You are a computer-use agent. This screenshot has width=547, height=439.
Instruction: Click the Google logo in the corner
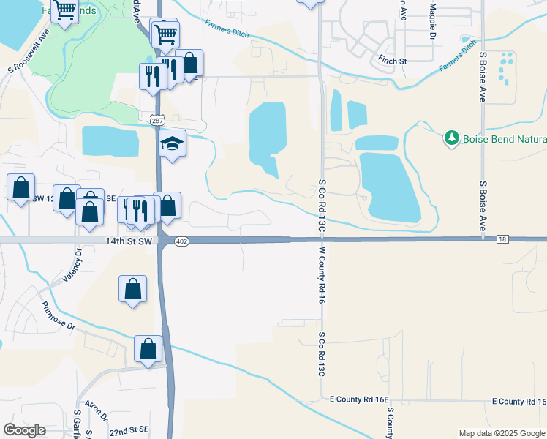coord(24,430)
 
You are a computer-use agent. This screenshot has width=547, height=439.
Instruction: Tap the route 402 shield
coord(182,242)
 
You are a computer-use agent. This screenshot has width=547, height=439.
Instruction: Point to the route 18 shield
coord(501,239)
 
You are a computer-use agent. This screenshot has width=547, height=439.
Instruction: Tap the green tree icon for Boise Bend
coord(452,138)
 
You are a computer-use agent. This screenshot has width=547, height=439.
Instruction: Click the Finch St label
coord(392,61)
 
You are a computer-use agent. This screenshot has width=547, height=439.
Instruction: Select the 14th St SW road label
coord(129,240)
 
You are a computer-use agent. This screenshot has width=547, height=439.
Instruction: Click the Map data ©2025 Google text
coord(501,433)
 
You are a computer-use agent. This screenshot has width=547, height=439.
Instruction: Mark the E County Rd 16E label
coord(359,399)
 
